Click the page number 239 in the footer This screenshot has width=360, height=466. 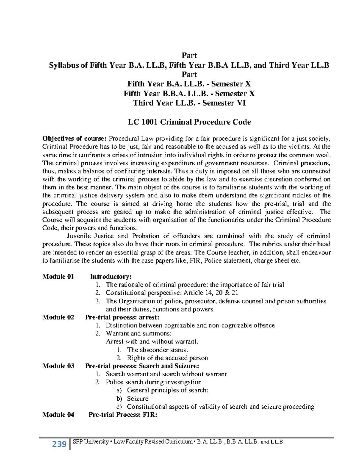(59, 444)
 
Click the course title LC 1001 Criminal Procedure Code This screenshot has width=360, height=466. (189, 122)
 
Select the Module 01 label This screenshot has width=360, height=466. (58, 276)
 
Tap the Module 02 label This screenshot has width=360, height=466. (58, 317)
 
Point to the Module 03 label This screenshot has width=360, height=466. (58, 366)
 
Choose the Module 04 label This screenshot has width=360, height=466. (58, 414)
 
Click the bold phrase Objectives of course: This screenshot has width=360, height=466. (74, 139)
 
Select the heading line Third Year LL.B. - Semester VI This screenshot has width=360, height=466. (189, 103)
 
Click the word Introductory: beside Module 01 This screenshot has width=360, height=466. (111, 276)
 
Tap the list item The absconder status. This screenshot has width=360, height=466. (157, 350)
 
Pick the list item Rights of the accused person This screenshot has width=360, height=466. (167, 358)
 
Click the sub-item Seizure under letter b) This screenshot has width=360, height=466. (138, 398)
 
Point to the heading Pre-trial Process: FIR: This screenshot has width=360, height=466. (123, 414)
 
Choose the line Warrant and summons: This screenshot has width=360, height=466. (139, 333)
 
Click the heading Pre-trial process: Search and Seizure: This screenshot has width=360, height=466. (142, 366)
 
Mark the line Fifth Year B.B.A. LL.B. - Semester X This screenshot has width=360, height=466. (189, 93)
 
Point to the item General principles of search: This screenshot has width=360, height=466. (167, 390)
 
